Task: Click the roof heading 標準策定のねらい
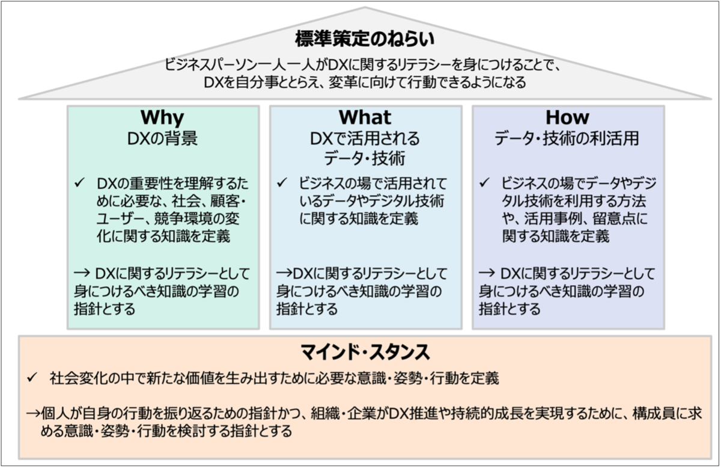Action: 364,40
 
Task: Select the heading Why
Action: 162,117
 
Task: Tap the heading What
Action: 365,117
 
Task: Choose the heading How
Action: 567,117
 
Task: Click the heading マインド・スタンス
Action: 365,350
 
